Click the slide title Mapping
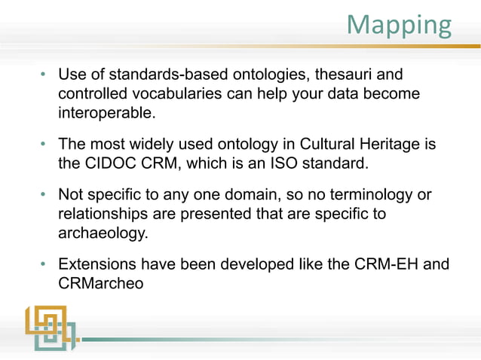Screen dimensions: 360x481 click(x=399, y=25)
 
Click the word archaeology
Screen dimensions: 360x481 click(x=102, y=233)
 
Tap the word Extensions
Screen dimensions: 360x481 click(x=97, y=264)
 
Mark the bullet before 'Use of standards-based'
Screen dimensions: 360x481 click(x=44, y=75)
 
